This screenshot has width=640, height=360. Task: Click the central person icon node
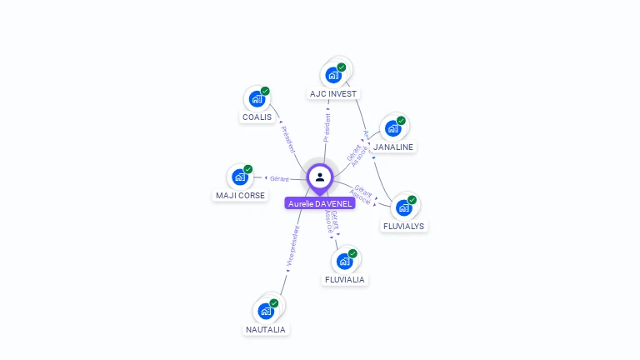tap(320, 177)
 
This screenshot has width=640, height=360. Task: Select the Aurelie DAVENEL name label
tap(320, 203)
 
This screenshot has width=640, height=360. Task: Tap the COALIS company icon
tap(257, 99)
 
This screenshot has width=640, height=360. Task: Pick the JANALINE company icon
tap(392, 129)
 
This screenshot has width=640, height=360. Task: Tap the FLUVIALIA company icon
tap(344, 262)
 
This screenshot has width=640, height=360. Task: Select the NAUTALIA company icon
tap(266, 312)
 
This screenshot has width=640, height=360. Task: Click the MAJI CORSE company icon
tap(240, 177)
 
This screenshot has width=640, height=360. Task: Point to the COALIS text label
tap(257, 117)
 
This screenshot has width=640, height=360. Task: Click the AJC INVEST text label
tap(333, 94)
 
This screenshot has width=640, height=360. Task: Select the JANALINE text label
tap(393, 147)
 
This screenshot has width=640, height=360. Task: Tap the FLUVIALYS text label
tap(403, 226)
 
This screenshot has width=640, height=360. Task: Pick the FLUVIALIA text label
tap(345, 280)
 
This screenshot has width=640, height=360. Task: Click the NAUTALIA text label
tap(266, 330)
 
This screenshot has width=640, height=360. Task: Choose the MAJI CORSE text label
tap(240, 196)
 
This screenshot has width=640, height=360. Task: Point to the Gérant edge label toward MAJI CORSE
tap(279, 178)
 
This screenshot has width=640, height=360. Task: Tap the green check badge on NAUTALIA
tap(274, 303)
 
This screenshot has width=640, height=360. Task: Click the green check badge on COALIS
tap(265, 91)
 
